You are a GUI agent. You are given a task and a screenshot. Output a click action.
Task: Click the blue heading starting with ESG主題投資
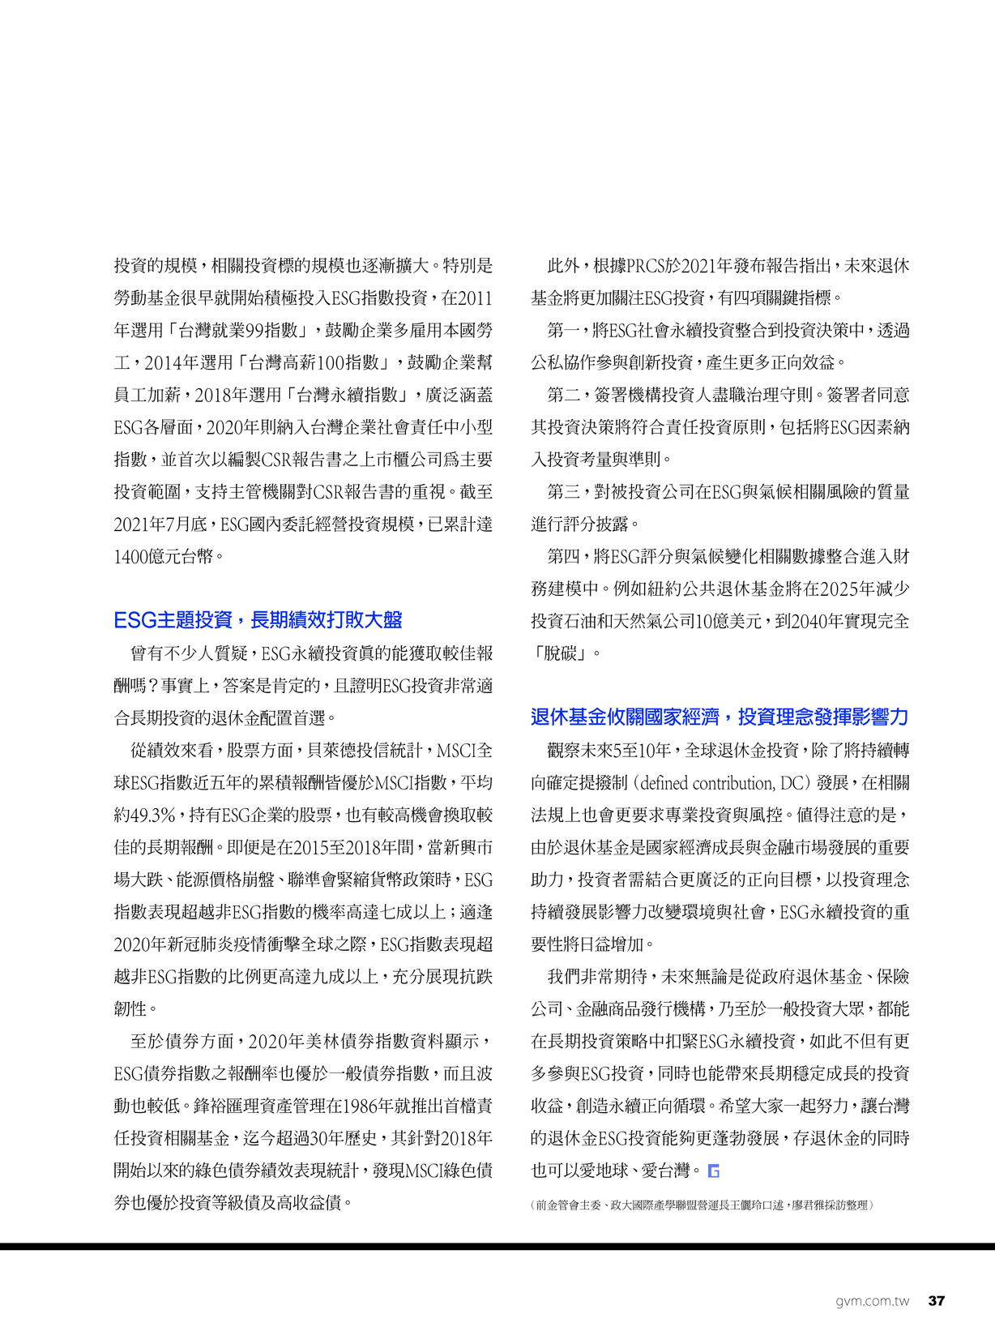click(258, 620)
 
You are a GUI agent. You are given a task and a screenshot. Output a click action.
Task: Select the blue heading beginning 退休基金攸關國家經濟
click(719, 717)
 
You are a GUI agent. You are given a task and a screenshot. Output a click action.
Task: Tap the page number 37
click(936, 1301)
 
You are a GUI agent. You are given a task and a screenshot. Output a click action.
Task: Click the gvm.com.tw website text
click(872, 1301)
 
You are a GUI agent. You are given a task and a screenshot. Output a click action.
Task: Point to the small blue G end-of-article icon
click(713, 1171)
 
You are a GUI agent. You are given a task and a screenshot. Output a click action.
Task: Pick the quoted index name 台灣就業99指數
click(243, 331)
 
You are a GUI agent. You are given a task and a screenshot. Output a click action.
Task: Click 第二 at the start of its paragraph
click(563, 396)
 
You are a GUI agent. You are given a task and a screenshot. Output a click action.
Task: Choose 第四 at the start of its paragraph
click(563, 557)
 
